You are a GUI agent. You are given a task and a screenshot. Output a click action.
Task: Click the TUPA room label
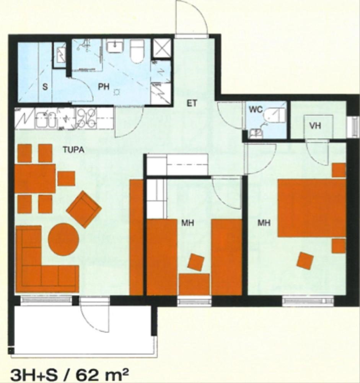tap(74, 149)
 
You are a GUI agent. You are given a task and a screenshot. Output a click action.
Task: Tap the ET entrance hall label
tap(192, 103)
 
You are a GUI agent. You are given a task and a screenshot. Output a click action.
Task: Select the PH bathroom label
tap(104, 87)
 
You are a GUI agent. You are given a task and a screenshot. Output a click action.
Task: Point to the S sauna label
tap(45, 87)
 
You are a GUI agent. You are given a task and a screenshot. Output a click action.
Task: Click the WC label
tap(256, 110)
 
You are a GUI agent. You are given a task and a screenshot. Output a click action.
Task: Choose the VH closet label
tap(315, 126)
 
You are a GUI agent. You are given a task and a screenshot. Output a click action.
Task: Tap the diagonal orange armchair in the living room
tap(84, 210)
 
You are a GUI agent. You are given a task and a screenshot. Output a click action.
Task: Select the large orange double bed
tap(312, 208)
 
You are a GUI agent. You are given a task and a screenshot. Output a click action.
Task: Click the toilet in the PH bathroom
tap(137, 51)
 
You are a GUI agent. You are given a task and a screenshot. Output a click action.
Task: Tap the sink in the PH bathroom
tap(116, 46)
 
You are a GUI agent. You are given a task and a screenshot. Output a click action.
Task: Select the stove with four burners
tap(86, 118)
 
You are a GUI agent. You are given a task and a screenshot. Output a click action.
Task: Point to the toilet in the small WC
tap(275, 116)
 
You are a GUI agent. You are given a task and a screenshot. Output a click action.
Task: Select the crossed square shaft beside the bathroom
tap(161, 48)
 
